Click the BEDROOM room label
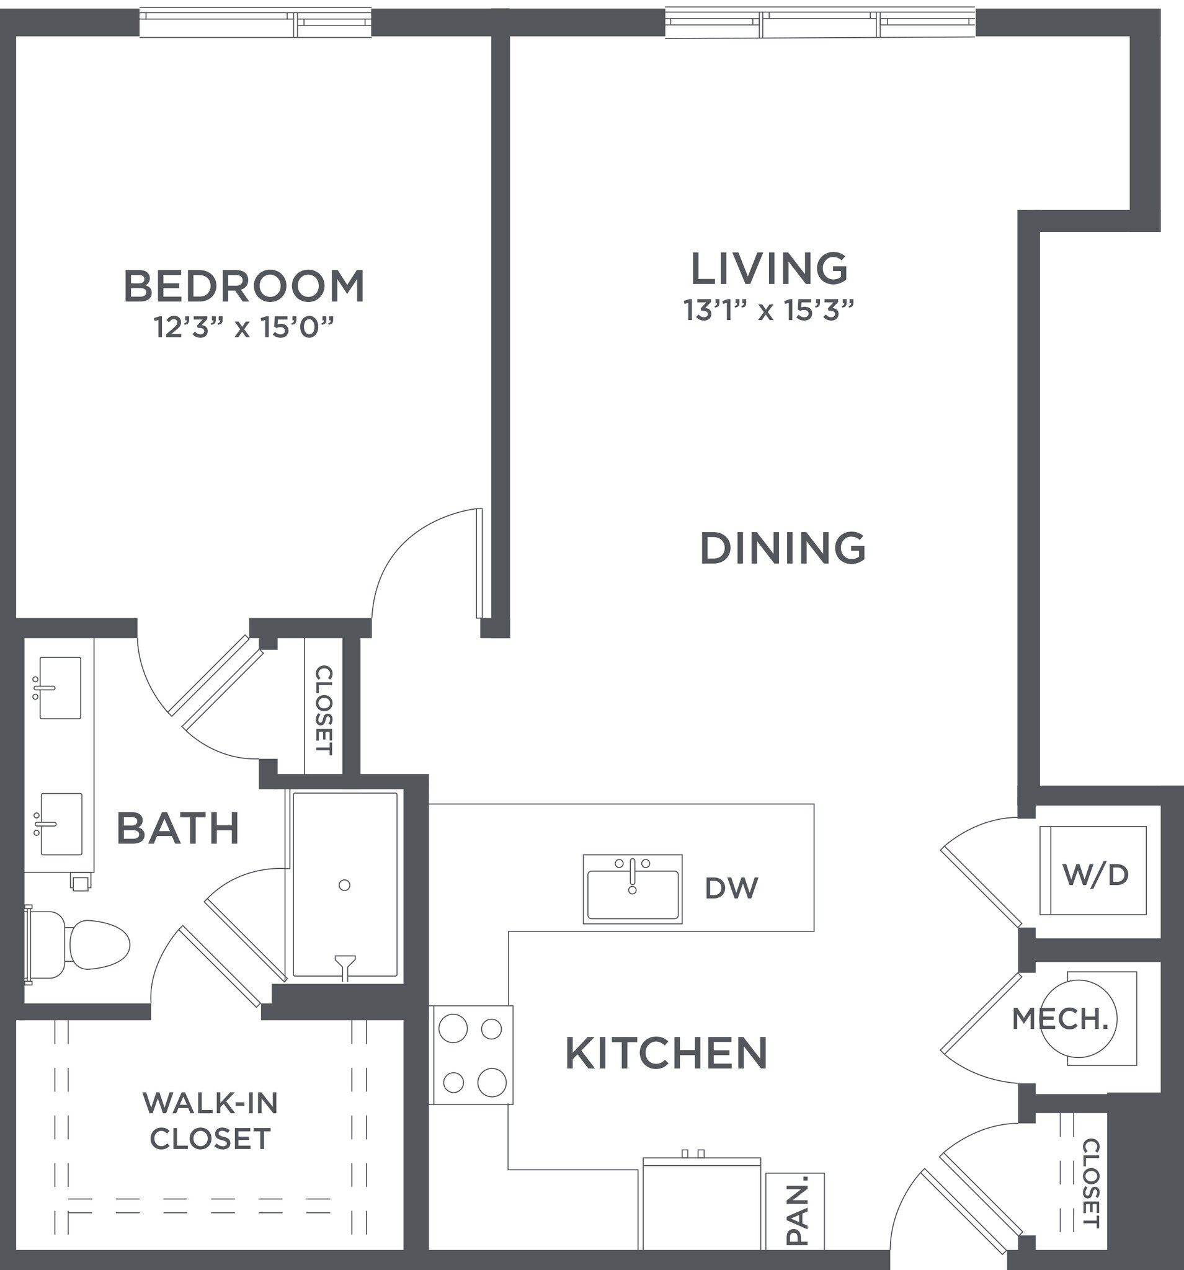pos(244,286)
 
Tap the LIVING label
pos(768,269)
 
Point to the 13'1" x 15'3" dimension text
pos(768,311)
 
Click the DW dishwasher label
pos(731,888)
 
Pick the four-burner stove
pos(472,1055)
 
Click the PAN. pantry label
pos(796,1210)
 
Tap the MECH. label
pos(1060,1019)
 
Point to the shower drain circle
pos(344,885)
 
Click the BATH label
pos(177,829)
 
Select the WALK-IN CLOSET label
pos(210,1121)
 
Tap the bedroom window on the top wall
pos(255,22)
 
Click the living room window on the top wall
pos(820,22)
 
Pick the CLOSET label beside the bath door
pos(324,710)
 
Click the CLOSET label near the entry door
pos(1092,1183)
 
